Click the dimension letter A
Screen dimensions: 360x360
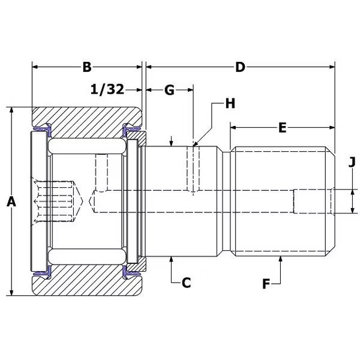11,202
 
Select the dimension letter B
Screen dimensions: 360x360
87,67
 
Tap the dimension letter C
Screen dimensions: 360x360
186,283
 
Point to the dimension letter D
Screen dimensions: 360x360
240,67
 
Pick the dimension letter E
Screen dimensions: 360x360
283,127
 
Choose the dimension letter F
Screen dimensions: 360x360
266,284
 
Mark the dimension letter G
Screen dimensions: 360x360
169,90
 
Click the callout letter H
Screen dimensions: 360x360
230,103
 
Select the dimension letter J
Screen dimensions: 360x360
352,162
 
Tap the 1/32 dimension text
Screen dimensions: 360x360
107,89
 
